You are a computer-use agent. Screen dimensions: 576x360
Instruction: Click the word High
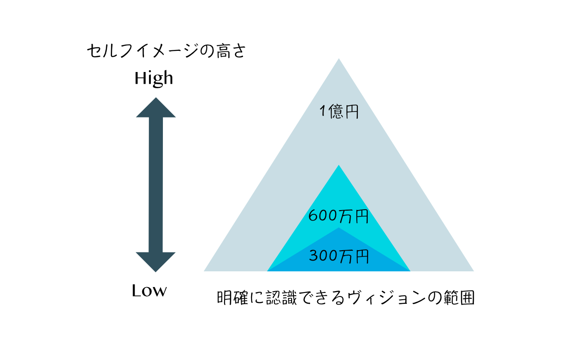click(154, 79)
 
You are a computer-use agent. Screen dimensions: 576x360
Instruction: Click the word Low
click(149, 291)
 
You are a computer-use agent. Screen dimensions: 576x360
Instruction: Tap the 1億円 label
click(339, 111)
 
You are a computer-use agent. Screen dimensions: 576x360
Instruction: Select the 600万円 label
click(339, 216)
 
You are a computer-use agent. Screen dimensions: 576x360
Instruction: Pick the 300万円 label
click(339, 256)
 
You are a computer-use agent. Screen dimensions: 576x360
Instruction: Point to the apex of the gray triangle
click(339, 58)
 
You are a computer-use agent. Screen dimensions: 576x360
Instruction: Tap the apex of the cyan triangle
click(339, 165)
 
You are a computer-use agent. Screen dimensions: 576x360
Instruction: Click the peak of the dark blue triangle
click(339, 228)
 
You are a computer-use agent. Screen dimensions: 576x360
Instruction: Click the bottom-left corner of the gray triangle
click(204, 271)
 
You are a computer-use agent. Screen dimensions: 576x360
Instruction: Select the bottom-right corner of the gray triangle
click(474, 271)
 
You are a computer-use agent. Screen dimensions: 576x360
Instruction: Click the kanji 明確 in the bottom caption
click(233, 298)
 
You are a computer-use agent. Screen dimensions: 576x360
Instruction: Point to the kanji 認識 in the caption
click(282, 298)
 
